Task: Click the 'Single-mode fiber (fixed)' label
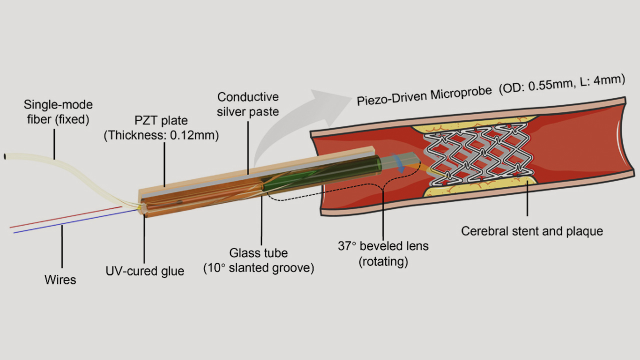click(x=58, y=112)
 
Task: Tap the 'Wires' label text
click(x=60, y=279)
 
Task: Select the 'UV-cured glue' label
click(x=145, y=271)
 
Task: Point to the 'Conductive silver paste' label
click(x=247, y=104)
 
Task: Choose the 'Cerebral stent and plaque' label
click(x=532, y=231)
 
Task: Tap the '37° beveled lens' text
click(x=383, y=246)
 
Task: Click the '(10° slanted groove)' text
click(x=258, y=268)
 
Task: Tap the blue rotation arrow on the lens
click(x=399, y=163)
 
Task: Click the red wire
click(x=66, y=217)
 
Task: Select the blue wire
click(x=75, y=221)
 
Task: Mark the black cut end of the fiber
click(x=5, y=156)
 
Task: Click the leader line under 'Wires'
click(x=62, y=246)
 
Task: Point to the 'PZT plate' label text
click(x=161, y=120)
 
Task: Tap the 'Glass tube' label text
click(x=258, y=253)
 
